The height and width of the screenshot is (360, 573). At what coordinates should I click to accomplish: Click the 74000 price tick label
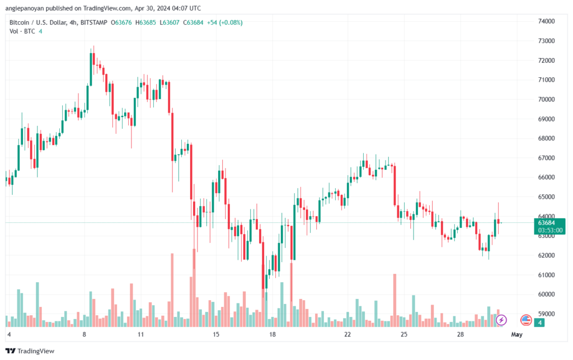(x=546, y=21)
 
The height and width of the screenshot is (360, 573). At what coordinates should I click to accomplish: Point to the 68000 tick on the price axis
(x=546, y=138)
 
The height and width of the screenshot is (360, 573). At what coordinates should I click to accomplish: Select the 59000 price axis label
(x=546, y=314)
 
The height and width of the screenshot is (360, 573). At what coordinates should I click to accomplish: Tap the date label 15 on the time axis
(x=216, y=334)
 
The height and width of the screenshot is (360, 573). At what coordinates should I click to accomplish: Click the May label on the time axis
(x=516, y=334)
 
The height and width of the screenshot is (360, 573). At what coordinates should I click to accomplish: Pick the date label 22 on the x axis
(x=347, y=334)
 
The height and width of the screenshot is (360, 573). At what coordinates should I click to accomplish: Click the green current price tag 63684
(x=546, y=223)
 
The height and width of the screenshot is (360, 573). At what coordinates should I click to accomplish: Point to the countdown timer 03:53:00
(x=550, y=230)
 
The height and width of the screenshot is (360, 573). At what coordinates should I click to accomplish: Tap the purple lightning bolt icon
(x=501, y=320)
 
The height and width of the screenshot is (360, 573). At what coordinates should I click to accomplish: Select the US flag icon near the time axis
(x=526, y=320)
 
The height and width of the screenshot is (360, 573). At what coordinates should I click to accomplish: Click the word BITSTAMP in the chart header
(x=94, y=22)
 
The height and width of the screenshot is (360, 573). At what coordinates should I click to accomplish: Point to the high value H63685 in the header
(x=145, y=22)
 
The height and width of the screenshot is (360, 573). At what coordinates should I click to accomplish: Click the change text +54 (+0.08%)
(x=225, y=22)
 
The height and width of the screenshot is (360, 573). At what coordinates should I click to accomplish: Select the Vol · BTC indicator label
(x=22, y=31)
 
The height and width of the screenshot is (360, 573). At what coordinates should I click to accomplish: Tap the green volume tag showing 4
(x=539, y=322)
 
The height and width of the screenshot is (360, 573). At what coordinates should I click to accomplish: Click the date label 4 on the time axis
(x=9, y=334)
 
